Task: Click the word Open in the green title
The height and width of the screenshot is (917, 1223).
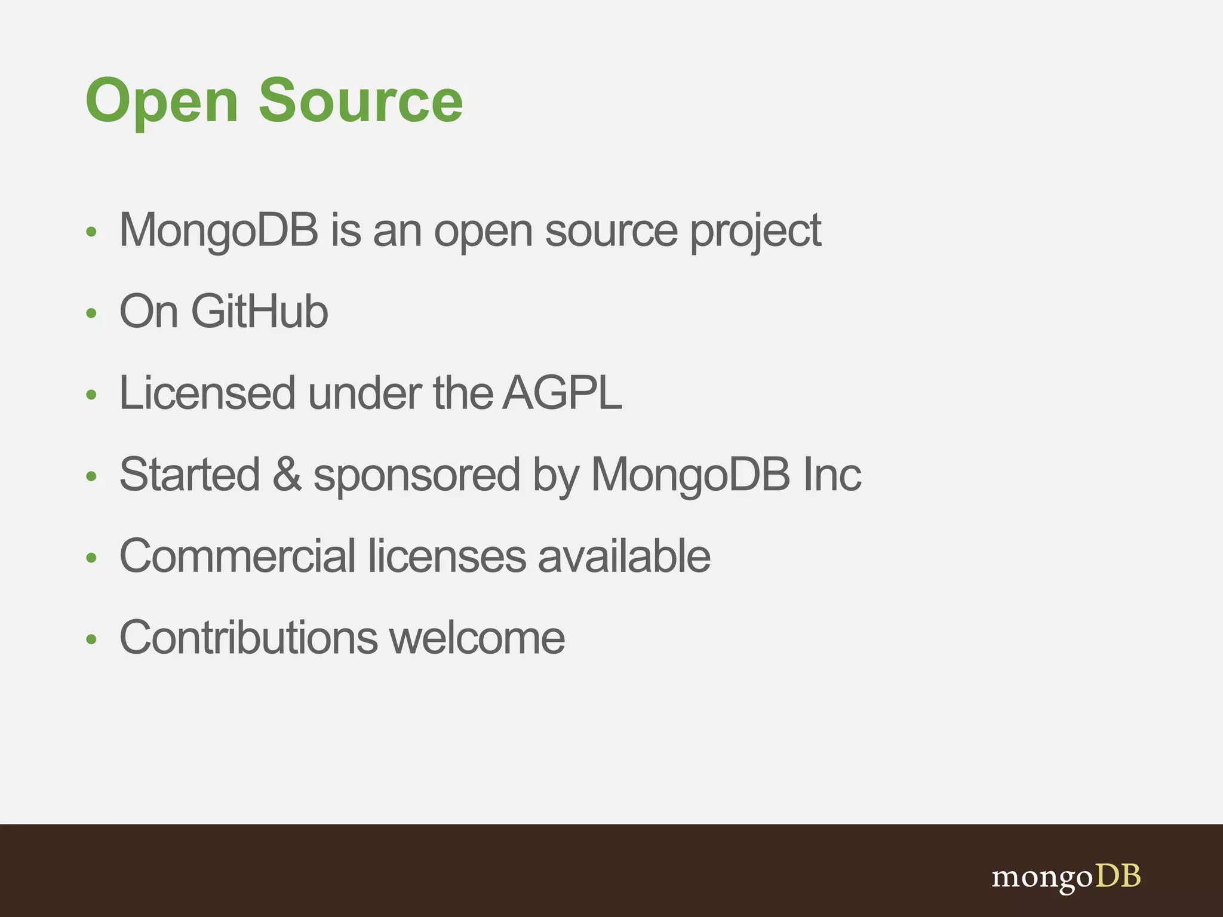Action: point(162,101)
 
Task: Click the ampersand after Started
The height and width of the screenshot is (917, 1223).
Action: point(287,474)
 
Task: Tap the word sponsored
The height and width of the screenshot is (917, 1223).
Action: point(417,476)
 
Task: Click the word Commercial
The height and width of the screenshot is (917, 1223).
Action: point(238,556)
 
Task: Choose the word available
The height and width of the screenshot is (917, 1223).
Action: point(623,556)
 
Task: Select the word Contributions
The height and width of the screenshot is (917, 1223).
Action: point(248,637)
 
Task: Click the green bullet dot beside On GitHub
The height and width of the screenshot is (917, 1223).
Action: point(91,313)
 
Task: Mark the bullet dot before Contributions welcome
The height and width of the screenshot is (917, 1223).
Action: point(91,639)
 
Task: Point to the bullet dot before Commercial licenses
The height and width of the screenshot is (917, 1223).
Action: point(91,558)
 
